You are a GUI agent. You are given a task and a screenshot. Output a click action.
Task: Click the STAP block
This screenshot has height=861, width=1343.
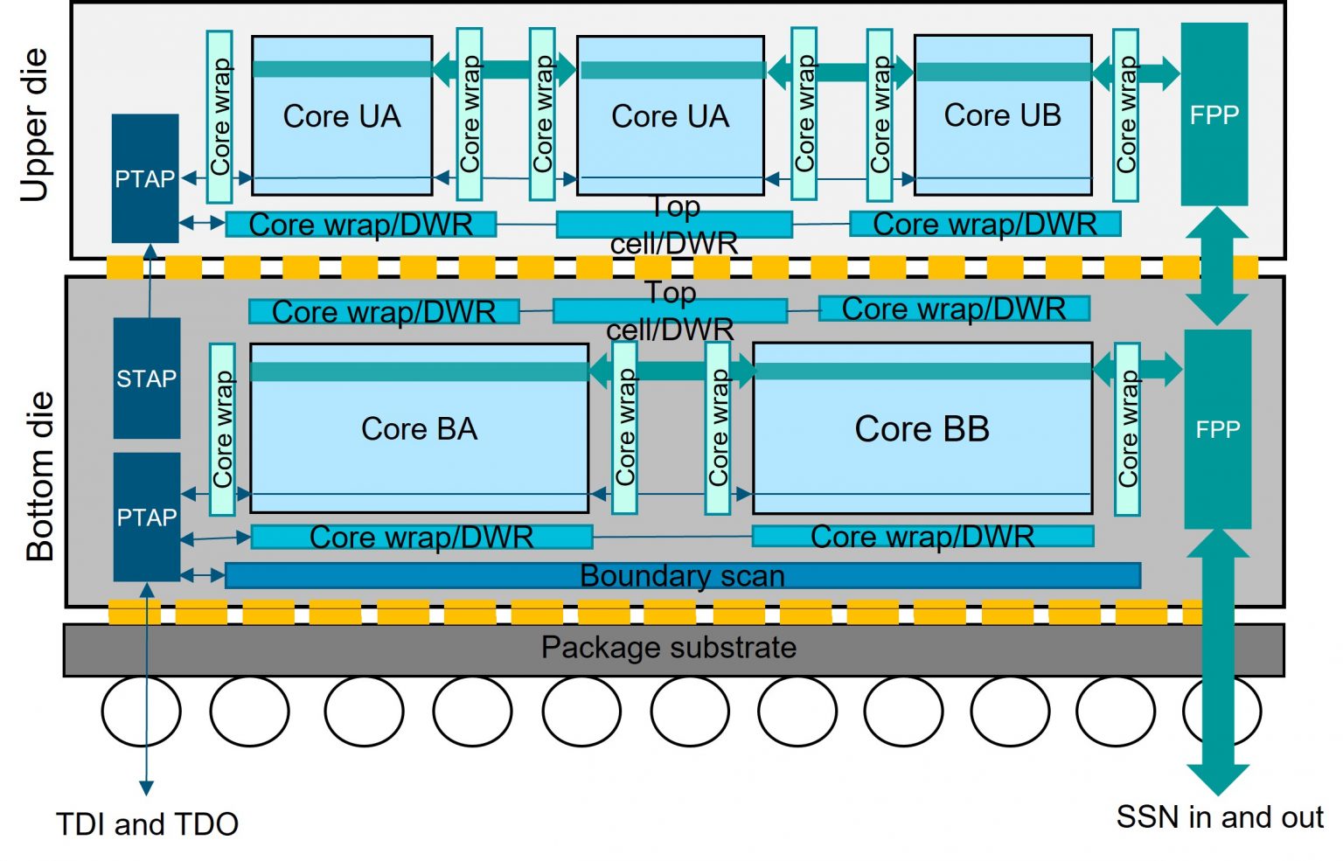(x=147, y=378)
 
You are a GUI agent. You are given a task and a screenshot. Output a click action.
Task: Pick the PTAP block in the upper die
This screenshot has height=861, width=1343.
(x=145, y=178)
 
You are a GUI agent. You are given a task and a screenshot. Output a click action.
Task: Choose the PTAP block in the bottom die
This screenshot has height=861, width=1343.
(x=147, y=517)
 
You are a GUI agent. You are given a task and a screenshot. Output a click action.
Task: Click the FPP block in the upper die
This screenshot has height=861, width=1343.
(x=1214, y=115)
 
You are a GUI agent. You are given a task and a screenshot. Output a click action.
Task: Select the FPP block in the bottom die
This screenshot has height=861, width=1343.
(x=1217, y=429)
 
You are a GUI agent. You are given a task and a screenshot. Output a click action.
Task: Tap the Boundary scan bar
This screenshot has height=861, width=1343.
(x=682, y=576)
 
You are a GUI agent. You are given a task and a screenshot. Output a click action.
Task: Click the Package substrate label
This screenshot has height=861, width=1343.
(x=669, y=649)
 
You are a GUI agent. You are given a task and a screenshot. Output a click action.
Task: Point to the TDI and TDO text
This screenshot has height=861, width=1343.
(x=147, y=824)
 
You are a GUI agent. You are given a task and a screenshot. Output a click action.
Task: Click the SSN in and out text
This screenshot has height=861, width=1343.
(x=1219, y=817)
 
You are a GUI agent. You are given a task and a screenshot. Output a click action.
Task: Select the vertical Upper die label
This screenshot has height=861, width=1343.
(x=35, y=125)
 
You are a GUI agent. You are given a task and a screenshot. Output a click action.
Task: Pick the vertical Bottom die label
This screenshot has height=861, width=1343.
(x=40, y=476)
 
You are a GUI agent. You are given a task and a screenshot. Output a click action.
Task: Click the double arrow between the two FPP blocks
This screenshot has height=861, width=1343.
(x=1216, y=267)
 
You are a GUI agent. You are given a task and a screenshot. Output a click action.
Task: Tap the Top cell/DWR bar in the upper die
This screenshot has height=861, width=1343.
(x=673, y=225)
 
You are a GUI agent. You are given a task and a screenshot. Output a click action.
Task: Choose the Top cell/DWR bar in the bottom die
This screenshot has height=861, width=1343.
(x=670, y=310)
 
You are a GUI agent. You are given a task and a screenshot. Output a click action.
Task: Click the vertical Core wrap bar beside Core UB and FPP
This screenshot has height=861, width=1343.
(x=1125, y=115)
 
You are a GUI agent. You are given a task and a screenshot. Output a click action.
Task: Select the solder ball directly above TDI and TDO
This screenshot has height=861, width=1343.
(x=141, y=711)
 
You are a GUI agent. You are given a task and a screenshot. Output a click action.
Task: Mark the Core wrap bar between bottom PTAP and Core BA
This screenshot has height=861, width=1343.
(x=222, y=429)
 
